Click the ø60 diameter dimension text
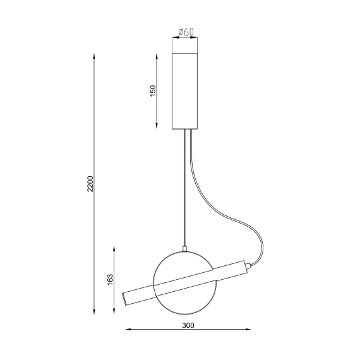pyautogui.click(x=185, y=31)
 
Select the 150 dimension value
pyautogui.click(x=152, y=90)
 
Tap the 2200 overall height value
pyautogui.click(x=90, y=184)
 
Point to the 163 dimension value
pyautogui.click(x=110, y=279)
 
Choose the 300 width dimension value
pyautogui.click(x=188, y=325)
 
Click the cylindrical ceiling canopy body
pyautogui.click(x=185, y=88)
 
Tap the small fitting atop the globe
pyautogui.click(x=184, y=247)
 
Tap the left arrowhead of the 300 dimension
pyautogui.click(x=125, y=330)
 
